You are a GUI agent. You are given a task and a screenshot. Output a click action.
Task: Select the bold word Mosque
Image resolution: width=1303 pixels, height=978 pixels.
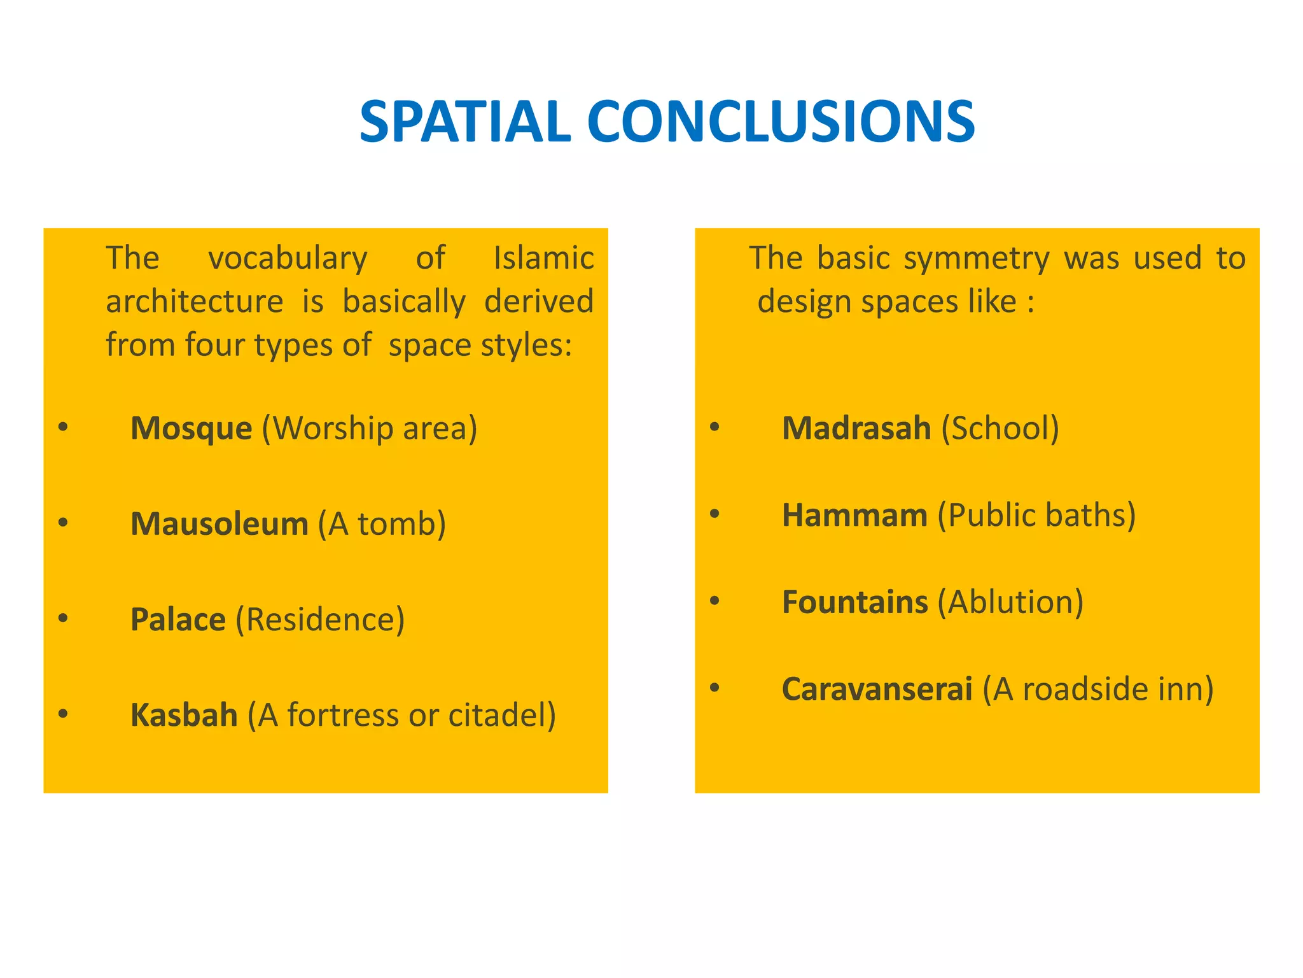[191, 428]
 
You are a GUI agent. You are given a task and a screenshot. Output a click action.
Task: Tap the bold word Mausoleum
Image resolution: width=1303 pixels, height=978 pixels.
[219, 523]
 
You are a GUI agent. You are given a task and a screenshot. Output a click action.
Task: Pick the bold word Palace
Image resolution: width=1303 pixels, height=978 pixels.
[178, 619]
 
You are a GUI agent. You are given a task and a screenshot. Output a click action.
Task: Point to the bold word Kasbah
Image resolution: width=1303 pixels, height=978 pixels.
[184, 714]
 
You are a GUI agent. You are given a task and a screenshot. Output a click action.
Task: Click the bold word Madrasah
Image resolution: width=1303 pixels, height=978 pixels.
[856, 428]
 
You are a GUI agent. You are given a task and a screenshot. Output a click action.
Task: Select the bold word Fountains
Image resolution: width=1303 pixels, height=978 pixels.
[854, 602]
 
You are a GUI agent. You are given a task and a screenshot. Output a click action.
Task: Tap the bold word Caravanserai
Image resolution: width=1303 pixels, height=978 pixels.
[877, 688]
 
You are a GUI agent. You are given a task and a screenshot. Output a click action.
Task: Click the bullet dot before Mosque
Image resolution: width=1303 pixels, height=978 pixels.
[62, 427]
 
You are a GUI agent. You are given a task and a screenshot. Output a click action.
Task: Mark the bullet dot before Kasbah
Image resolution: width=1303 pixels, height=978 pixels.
[62, 713]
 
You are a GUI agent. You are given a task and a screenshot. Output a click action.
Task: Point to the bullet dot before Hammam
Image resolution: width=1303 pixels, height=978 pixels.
[714, 513]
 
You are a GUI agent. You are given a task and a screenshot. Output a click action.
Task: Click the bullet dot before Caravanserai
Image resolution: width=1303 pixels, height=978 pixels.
[714, 687]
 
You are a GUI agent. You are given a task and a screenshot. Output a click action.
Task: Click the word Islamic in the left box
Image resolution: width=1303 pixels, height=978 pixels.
[543, 258]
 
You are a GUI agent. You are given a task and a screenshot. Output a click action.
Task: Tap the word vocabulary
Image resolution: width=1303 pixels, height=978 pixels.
[288, 259]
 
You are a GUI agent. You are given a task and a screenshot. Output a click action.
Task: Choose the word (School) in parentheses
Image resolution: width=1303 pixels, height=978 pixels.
[1000, 428]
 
